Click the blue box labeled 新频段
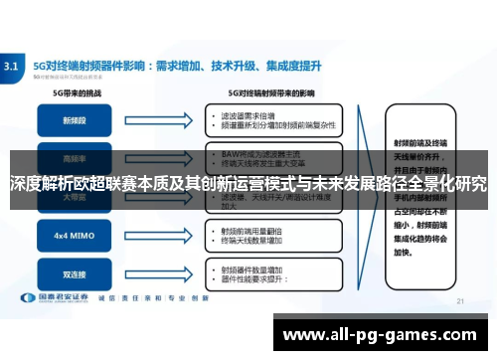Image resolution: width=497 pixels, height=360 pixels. point(73,120)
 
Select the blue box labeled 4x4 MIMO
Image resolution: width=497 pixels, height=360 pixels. point(73,238)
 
